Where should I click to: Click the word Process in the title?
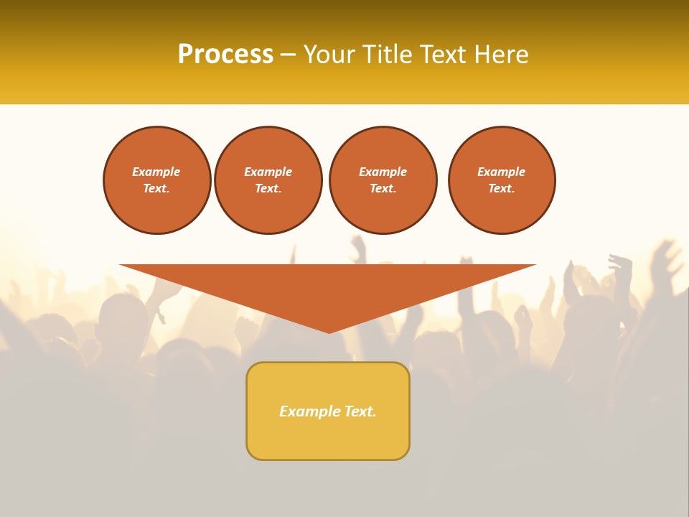[x=225, y=55]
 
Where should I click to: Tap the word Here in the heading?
[x=500, y=55]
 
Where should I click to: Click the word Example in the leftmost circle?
[x=156, y=172]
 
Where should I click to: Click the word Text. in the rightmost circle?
[x=501, y=188]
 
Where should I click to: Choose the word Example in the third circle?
[x=383, y=172]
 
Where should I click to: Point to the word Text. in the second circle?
[x=268, y=188]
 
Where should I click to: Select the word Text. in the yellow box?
[x=360, y=411]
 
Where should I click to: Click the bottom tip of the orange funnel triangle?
[x=329, y=330]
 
